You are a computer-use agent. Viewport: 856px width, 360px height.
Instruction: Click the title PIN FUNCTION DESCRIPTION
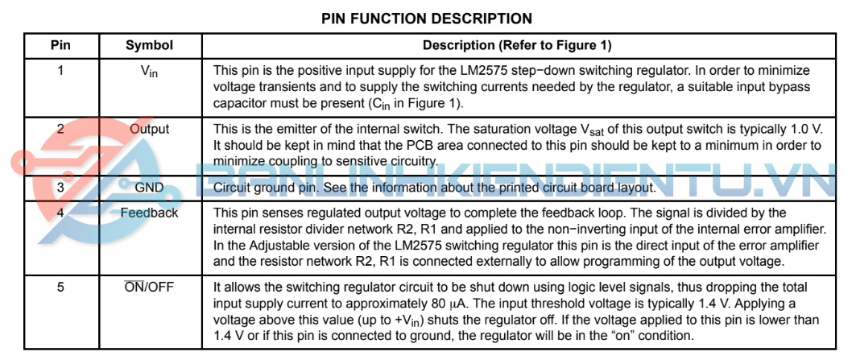[426, 19]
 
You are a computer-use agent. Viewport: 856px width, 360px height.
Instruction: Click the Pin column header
[60, 46]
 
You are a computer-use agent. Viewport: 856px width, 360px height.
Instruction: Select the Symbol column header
[150, 46]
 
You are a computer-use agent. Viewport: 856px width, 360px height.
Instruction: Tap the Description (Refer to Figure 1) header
[517, 46]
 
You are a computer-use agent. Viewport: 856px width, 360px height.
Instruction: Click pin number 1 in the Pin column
[60, 71]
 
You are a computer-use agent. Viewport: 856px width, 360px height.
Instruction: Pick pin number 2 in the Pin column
[60, 130]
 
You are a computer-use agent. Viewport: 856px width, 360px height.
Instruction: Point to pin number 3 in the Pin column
[60, 188]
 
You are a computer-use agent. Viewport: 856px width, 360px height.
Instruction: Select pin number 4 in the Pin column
[60, 213]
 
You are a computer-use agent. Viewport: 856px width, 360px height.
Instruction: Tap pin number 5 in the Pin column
[60, 288]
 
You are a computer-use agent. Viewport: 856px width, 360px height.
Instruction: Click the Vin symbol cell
[149, 72]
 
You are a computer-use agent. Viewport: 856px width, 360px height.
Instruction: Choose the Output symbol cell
[150, 130]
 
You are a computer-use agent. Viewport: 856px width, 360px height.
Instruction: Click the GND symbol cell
[150, 188]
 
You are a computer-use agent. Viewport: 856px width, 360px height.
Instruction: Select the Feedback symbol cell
[150, 213]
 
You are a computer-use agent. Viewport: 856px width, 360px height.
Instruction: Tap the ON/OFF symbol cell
[150, 288]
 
